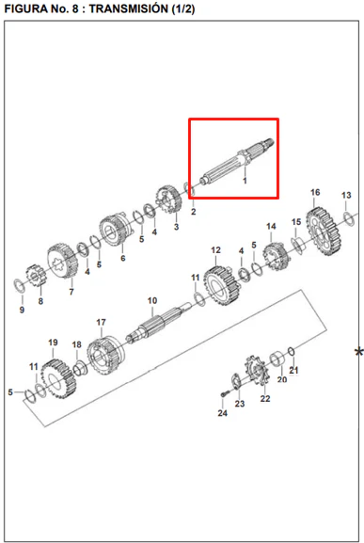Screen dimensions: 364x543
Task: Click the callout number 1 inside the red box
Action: pyautogui.click(x=245, y=181)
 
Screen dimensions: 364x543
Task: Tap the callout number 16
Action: pyautogui.click(x=315, y=193)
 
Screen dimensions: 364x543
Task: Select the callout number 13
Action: pyautogui.click(x=346, y=196)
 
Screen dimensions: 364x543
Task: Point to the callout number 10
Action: pyautogui.click(x=152, y=300)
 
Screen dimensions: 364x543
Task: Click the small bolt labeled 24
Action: pyautogui.click(x=225, y=393)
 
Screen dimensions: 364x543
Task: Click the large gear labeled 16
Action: pyautogui.click(x=323, y=232)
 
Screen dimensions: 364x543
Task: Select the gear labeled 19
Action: pyautogui.click(x=58, y=378)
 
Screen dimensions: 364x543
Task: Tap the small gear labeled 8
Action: pyautogui.click(x=37, y=276)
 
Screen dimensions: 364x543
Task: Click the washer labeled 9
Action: pyautogui.click(x=19, y=285)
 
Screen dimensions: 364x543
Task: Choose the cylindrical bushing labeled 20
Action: pyautogui.click(x=277, y=359)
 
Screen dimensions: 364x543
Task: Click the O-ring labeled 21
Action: pyautogui.click(x=292, y=352)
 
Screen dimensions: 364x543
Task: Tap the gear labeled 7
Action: pyautogui.click(x=63, y=261)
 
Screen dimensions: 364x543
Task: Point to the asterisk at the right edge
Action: pyautogui.click(x=359, y=353)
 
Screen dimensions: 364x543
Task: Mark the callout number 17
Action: pyautogui.click(x=101, y=323)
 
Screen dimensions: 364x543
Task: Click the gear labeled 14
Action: pyautogui.click(x=277, y=257)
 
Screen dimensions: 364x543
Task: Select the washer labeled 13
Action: pyautogui.click(x=349, y=218)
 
